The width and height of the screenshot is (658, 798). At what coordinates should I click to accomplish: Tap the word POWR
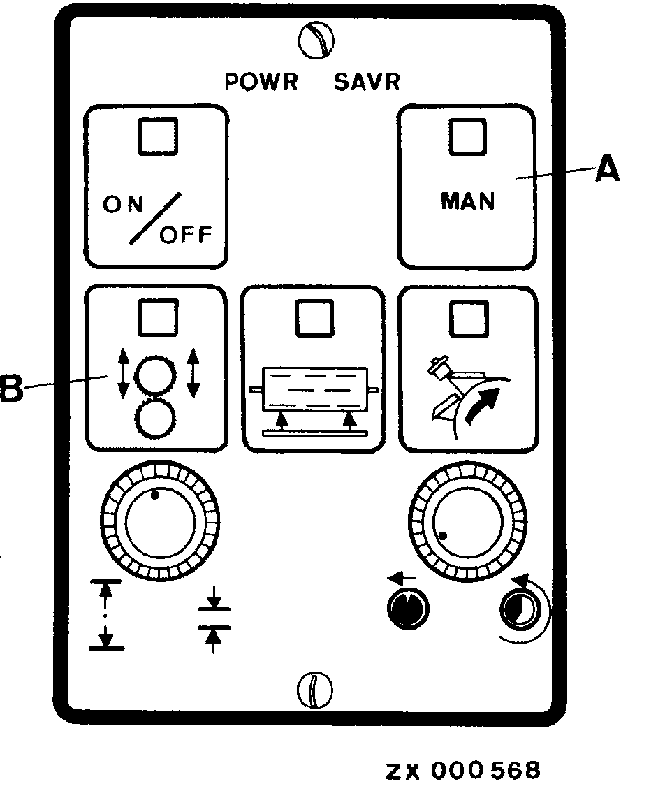coord(261,82)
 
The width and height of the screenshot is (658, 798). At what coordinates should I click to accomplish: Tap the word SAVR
coord(366,82)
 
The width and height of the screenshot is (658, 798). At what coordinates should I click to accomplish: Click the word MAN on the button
coord(467,201)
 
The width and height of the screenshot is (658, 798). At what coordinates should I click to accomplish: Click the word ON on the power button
coord(124,205)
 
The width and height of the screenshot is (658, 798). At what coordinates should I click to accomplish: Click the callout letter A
coord(606,170)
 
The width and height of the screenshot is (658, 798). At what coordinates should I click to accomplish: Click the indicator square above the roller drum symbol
coord(312,318)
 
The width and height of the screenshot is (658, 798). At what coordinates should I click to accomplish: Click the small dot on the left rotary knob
coord(155,495)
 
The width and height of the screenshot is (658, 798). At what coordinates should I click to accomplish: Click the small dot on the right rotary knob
coord(444,537)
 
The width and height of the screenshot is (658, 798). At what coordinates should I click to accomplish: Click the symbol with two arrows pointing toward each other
coord(214,618)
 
